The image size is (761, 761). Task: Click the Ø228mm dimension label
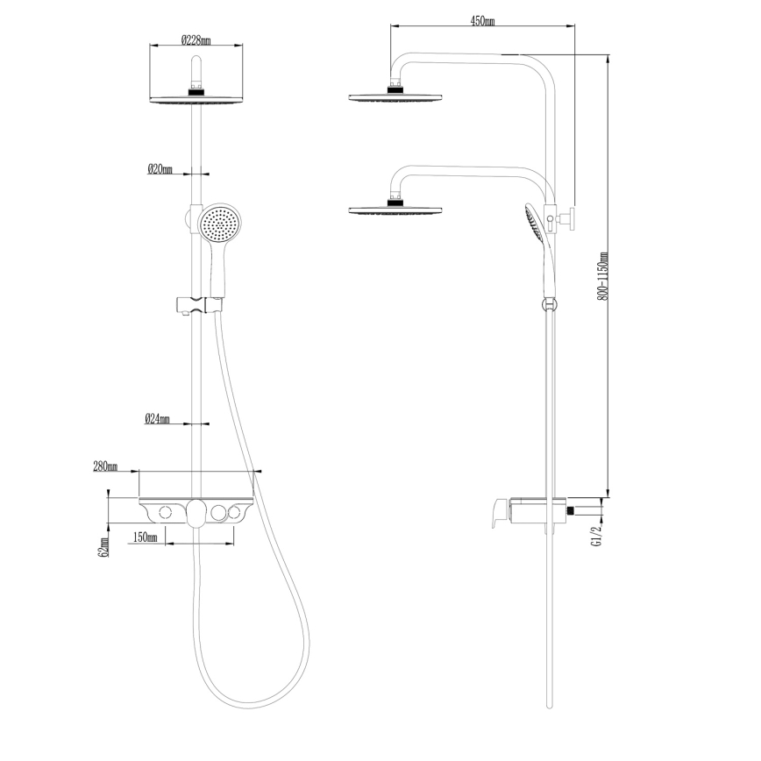(x=196, y=39)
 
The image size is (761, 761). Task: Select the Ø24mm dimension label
(x=157, y=420)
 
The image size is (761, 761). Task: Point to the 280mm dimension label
(x=105, y=466)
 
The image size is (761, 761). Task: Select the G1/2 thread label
(x=598, y=532)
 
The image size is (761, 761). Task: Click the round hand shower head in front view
(x=219, y=224)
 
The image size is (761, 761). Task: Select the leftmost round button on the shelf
(x=164, y=512)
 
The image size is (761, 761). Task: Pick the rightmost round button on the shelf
(x=234, y=512)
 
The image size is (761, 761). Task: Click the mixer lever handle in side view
(x=498, y=513)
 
